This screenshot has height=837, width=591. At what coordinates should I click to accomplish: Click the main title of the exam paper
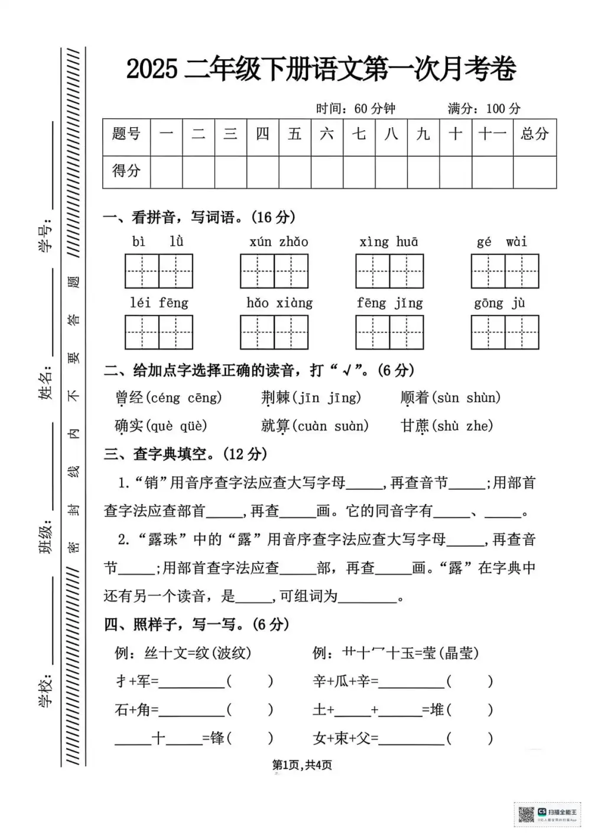[321, 69]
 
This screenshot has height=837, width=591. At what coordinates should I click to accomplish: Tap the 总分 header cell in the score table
[534, 134]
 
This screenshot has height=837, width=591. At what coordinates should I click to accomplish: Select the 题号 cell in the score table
[126, 134]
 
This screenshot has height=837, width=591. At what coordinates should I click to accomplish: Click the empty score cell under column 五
[295, 172]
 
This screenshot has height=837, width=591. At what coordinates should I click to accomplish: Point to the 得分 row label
[126, 172]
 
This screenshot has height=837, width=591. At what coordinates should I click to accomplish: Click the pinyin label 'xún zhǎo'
[278, 241]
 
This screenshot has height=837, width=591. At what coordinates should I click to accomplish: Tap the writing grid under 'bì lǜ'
[159, 271]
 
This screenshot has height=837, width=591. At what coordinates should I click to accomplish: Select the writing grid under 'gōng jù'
[505, 332]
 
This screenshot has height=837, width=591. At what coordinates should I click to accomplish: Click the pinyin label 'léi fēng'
[159, 303]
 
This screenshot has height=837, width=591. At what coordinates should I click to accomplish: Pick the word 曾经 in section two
[129, 398]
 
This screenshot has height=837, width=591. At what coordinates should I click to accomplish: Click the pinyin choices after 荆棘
[327, 398]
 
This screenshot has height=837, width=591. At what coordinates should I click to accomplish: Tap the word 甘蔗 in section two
[415, 426]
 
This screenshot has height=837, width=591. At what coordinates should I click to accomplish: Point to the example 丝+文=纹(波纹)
[183, 653]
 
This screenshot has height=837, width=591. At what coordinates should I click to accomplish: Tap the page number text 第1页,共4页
[302, 765]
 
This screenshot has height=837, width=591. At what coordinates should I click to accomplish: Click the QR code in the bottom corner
[525, 815]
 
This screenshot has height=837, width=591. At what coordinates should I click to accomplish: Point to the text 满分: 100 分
[484, 109]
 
